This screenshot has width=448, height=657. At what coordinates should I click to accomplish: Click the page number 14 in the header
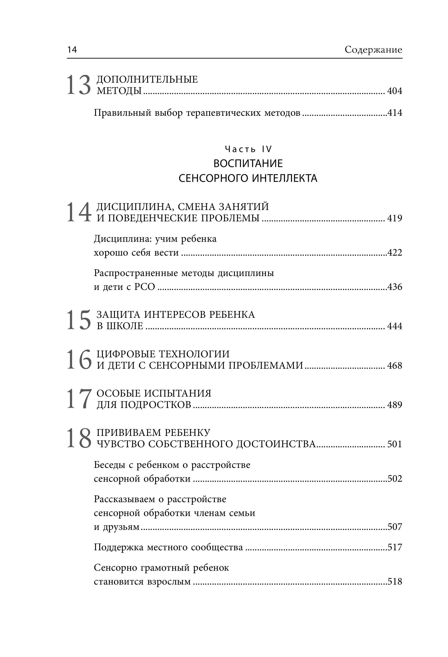(72, 50)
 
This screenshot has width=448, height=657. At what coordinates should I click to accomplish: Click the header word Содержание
(373, 50)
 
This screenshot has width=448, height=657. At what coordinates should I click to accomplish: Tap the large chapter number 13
(79, 85)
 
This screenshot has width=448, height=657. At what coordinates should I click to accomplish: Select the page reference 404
(394, 91)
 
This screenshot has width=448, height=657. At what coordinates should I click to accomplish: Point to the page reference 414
(395, 113)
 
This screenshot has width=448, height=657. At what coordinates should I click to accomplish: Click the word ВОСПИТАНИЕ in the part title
(248, 163)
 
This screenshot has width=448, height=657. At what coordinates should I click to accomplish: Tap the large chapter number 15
(79, 320)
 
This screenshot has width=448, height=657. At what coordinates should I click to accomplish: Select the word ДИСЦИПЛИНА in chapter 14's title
(134, 207)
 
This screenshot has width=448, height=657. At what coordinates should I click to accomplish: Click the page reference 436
(395, 287)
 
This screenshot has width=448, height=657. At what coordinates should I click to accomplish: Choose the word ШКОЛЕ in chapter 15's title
(124, 326)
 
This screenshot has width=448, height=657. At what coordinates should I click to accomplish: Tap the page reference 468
(394, 366)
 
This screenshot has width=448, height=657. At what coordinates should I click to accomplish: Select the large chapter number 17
(79, 399)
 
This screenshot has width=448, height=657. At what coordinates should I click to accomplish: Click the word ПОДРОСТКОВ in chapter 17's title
(156, 405)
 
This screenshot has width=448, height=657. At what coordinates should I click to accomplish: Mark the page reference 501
(394, 444)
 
